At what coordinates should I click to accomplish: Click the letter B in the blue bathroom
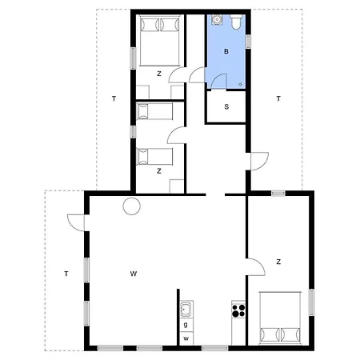pyautogui.click(x=226, y=51)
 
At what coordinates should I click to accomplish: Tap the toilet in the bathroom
pyautogui.click(x=236, y=22)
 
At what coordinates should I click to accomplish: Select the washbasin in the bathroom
pyautogui.click(x=217, y=20)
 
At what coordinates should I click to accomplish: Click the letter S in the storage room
pyautogui.click(x=226, y=106)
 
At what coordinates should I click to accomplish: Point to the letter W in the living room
pyautogui.click(x=134, y=274)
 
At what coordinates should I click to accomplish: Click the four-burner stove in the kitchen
pyautogui.click(x=238, y=310)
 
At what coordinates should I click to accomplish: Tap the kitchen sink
pyautogui.click(x=186, y=309)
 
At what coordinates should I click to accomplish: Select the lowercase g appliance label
pyautogui.click(x=186, y=325)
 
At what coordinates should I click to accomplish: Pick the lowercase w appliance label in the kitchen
pyautogui.click(x=186, y=338)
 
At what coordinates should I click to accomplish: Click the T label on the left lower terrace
pyautogui.click(x=66, y=274)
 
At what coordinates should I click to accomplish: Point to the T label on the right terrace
pyautogui.click(x=278, y=98)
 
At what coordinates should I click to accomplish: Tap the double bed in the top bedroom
pyautogui.click(x=160, y=41)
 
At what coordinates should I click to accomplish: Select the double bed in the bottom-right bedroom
pyautogui.click(x=280, y=317)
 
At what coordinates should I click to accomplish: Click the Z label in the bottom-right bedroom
pyautogui.click(x=278, y=262)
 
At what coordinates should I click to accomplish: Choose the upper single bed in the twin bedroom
pyautogui.click(x=154, y=111)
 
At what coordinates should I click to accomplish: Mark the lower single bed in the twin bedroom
pyautogui.click(x=154, y=157)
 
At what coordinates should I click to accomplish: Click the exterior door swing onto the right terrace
pyautogui.click(x=259, y=161)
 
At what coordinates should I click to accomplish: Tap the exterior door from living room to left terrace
pyautogui.click(x=76, y=222)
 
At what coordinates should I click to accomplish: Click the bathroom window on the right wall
pyautogui.click(x=248, y=42)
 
